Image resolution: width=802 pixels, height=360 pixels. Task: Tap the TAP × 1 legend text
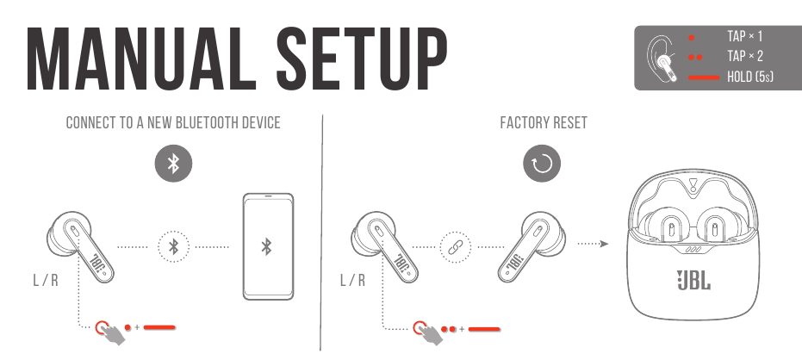tap(745, 37)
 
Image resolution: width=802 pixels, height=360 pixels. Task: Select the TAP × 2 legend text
tap(745, 57)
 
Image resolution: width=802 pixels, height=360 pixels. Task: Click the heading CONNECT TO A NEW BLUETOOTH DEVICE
tap(173, 123)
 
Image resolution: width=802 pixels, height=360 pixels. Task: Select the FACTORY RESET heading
tap(544, 123)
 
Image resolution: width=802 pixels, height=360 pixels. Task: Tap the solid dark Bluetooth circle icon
tap(173, 163)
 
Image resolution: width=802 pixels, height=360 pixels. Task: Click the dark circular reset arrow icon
tap(543, 163)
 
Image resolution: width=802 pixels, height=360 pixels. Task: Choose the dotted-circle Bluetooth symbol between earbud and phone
tap(173, 246)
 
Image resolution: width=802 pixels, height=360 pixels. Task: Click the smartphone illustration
tap(267, 246)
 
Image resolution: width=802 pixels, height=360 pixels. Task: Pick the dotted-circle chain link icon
tap(455, 246)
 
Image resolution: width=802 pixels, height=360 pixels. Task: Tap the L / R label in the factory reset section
tap(351, 281)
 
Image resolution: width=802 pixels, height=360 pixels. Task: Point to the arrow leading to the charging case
tap(593, 244)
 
